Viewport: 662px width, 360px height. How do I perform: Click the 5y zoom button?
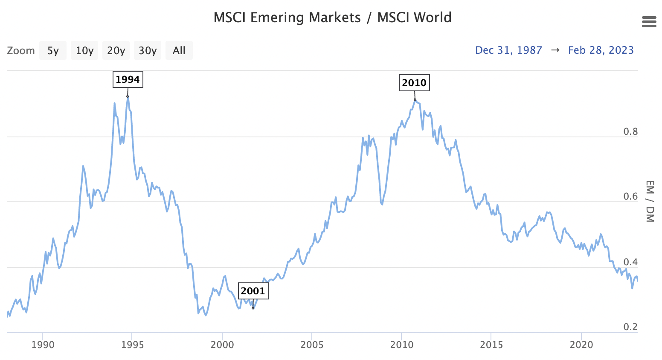tap(53, 51)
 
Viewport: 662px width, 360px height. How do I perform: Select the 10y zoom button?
tap(84, 51)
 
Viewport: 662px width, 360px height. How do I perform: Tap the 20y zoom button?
tap(116, 51)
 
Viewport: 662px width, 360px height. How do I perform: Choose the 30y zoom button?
tap(148, 51)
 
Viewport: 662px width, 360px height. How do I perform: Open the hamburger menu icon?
tap(649, 22)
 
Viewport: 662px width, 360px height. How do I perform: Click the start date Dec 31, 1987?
tap(508, 50)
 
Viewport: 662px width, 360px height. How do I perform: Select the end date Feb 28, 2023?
tap(601, 50)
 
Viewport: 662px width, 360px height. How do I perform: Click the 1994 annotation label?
tap(128, 79)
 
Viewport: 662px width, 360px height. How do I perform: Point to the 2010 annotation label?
tap(414, 83)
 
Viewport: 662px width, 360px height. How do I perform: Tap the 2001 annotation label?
tap(253, 291)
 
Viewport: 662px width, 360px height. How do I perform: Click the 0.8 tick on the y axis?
tap(630, 132)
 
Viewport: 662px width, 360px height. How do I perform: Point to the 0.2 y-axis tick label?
tap(630, 327)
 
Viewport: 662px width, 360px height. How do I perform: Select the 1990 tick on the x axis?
tap(43, 345)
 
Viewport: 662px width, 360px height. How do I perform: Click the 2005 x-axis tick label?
tap(312, 345)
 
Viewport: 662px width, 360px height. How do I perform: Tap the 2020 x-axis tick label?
tap(581, 345)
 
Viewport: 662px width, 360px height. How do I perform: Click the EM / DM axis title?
tap(650, 201)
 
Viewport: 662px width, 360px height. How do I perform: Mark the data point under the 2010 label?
tap(415, 100)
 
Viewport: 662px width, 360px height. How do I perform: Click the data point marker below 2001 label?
tap(253, 308)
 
